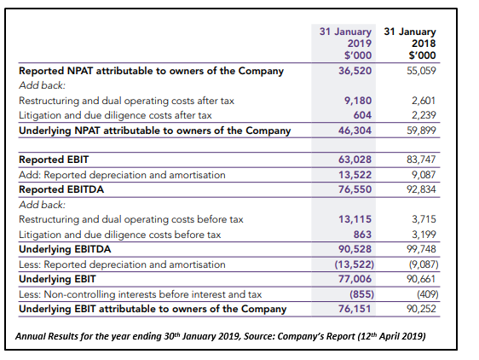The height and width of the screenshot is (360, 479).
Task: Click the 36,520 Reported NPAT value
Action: click(x=355, y=71)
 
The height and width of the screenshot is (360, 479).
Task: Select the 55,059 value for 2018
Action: click(x=421, y=71)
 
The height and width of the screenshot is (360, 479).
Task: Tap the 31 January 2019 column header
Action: click(x=345, y=44)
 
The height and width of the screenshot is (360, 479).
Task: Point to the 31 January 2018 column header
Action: click(x=410, y=44)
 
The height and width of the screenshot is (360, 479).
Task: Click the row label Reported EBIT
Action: click(x=54, y=160)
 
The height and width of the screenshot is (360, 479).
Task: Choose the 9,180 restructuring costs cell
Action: click(x=358, y=101)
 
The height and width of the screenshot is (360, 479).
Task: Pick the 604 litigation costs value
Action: click(x=362, y=115)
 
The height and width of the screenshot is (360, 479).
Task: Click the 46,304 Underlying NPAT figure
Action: click(x=355, y=131)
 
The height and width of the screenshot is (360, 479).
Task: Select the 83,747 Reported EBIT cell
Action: click(x=421, y=160)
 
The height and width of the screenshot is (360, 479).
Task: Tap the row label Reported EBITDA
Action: click(x=61, y=189)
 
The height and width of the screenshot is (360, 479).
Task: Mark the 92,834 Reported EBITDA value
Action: click(x=421, y=189)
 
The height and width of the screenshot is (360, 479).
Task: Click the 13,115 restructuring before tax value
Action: click(x=355, y=219)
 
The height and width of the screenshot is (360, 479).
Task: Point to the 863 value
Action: click(x=362, y=235)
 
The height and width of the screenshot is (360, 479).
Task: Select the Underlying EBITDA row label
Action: click(x=65, y=249)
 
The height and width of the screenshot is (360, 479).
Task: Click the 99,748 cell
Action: click(x=421, y=249)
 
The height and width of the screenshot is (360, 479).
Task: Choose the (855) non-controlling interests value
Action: click(x=361, y=294)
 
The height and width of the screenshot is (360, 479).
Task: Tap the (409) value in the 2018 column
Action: click(x=428, y=294)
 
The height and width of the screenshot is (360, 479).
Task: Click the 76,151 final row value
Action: click(x=355, y=309)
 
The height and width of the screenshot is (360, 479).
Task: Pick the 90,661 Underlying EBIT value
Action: click(x=421, y=279)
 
